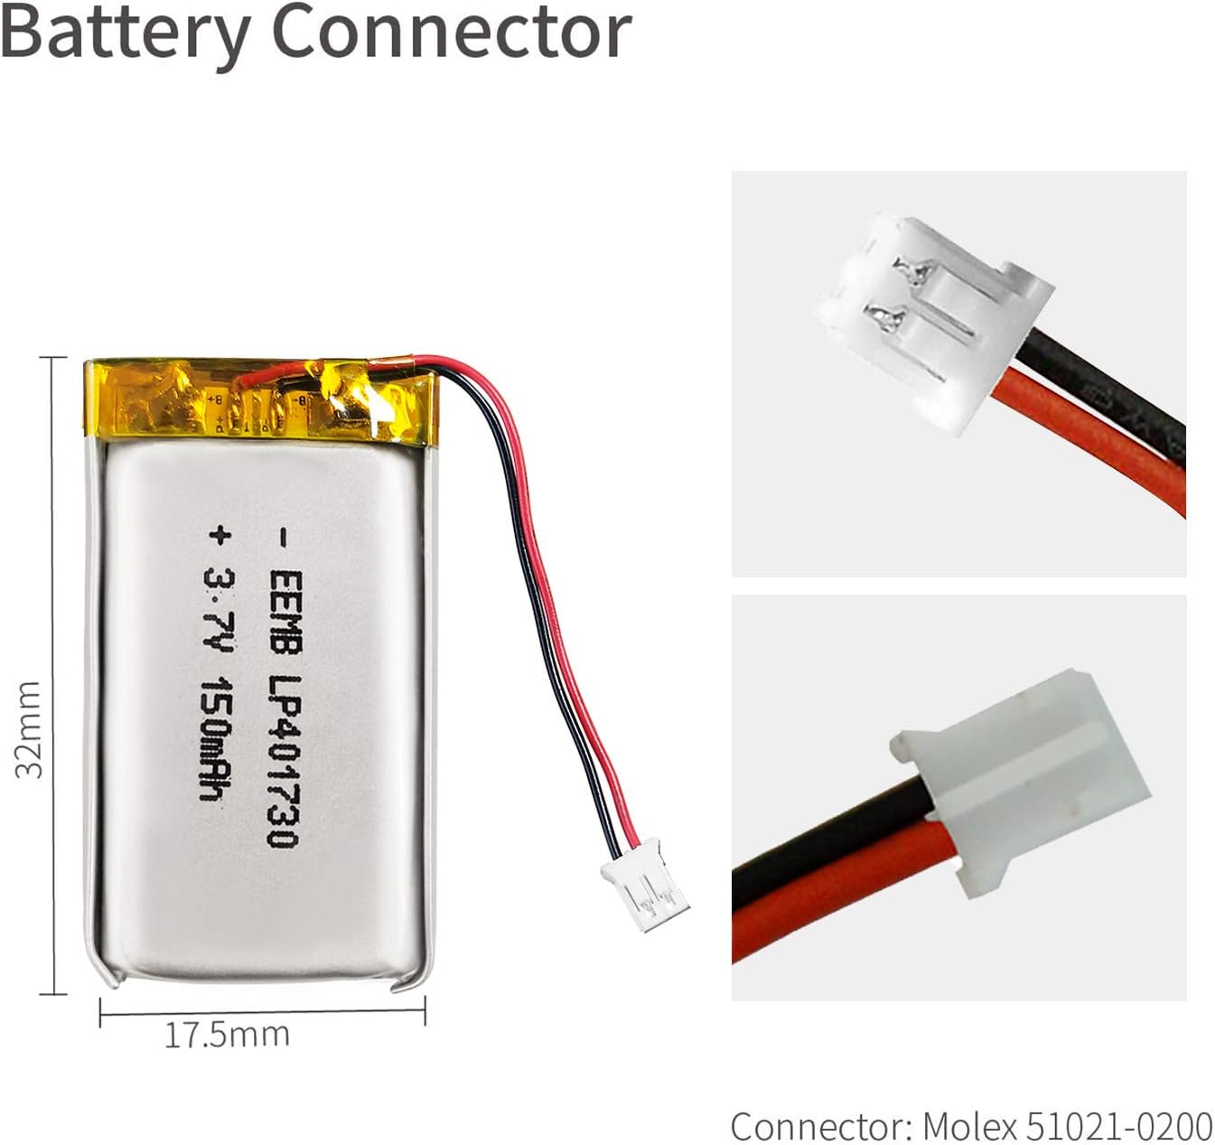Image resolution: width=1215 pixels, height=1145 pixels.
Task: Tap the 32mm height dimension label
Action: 29,729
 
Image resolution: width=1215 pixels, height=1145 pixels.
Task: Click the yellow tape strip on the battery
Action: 262,401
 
